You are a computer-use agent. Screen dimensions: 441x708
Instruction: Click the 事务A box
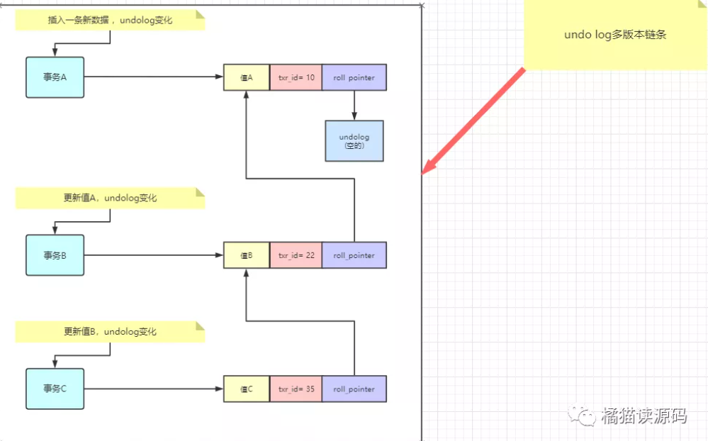[x=55, y=77]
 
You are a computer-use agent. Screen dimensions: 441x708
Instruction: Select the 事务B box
[x=55, y=255]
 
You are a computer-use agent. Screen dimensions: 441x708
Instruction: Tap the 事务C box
[x=55, y=389]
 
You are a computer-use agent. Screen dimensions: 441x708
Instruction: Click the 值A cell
[x=247, y=77]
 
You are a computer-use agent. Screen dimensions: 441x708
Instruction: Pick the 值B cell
[x=247, y=255]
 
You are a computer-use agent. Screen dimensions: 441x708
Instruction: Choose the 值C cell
[x=247, y=389]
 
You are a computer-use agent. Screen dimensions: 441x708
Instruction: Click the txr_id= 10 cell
[x=296, y=77]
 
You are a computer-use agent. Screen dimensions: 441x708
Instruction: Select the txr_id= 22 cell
[x=296, y=255]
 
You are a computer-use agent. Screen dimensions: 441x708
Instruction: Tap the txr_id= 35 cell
[x=296, y=389]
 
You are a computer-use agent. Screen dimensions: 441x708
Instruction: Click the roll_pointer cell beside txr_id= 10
[x=354, y=77]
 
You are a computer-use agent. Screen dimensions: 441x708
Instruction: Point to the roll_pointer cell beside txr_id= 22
[x=354, y=255]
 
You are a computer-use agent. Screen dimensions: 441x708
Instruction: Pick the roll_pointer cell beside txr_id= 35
[x=354, y=389]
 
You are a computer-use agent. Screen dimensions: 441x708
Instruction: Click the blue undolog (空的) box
[x=354, y=140]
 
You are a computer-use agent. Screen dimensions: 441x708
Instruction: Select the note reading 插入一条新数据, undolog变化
[x=110, y=21]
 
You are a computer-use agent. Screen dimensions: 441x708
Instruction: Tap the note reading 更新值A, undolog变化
[x=110, y=199]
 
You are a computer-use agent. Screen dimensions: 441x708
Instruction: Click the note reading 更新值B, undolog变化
[x=110, y=332]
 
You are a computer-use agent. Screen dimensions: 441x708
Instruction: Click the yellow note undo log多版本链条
[x=615, y=34]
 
